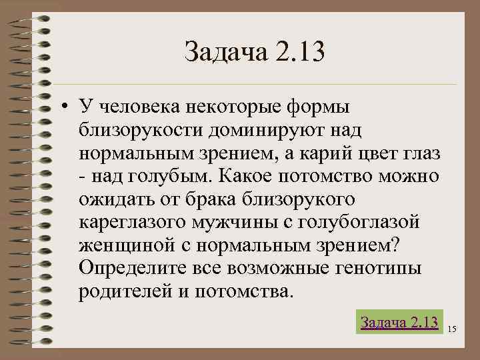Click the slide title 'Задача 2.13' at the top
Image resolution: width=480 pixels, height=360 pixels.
pyautogui.click(x=254, y=52)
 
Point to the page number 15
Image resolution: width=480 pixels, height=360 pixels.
pyautogui.click(x=452, y=329)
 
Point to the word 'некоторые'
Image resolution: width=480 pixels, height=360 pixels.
pyautogui.click(x=237, y=107)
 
